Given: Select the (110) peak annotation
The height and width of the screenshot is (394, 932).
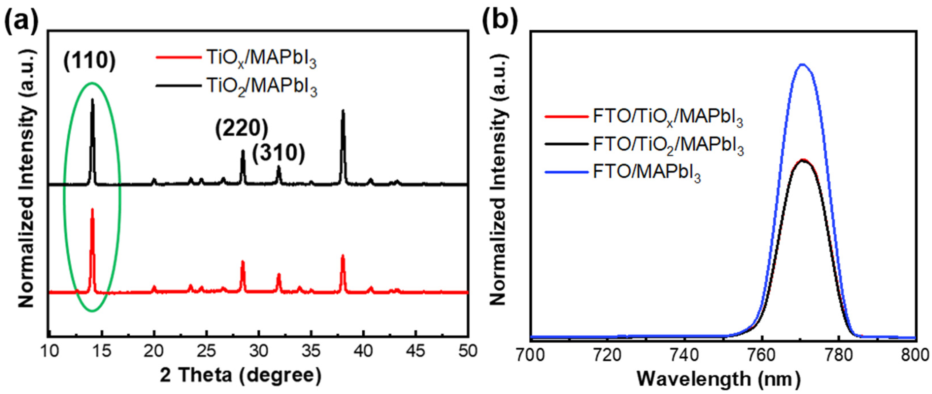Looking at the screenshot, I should point(89,60).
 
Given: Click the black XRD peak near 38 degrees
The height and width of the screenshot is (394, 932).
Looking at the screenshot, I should point(343,111).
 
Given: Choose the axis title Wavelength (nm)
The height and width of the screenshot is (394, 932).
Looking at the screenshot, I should point(718,379).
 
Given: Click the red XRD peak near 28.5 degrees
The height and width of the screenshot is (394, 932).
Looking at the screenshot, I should point(243,262).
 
